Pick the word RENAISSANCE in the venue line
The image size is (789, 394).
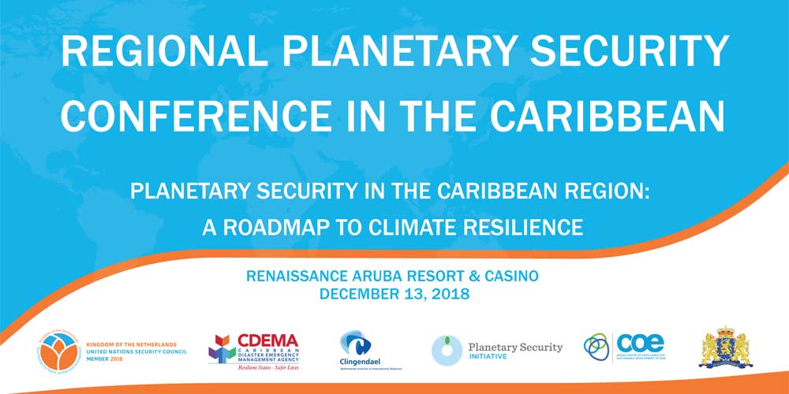click(x=300, y=277)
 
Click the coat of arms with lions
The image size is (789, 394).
click(x=727, y=348)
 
